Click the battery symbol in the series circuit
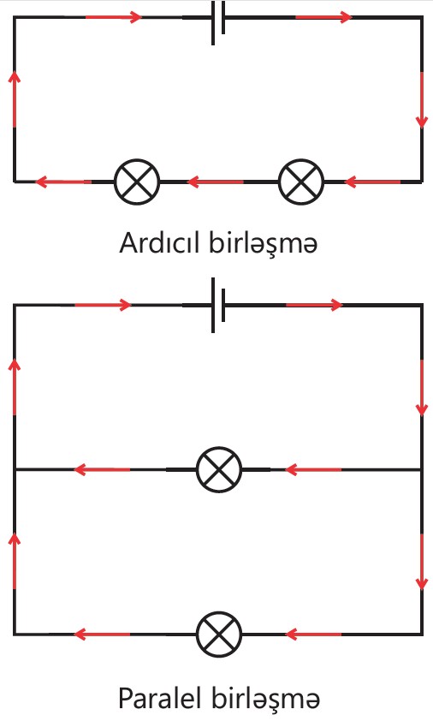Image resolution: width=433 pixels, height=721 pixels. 218,23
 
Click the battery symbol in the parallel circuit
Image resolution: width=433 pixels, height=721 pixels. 218,306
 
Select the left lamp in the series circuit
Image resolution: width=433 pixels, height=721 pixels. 137,182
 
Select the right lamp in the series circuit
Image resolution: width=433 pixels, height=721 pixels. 301,182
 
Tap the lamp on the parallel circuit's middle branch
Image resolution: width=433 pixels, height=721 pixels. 219,469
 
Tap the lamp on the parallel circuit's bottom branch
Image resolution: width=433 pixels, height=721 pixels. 219,635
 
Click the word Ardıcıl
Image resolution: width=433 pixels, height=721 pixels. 161,242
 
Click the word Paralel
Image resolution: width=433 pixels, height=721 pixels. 160,698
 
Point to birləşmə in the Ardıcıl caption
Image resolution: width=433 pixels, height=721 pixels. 264,244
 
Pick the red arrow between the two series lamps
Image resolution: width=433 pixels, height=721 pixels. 215,182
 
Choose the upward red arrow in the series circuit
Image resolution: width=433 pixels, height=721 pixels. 15,98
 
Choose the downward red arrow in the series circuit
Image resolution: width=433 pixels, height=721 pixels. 422,100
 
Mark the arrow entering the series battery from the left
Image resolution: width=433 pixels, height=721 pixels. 114,17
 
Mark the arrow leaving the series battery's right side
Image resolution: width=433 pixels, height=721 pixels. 324,17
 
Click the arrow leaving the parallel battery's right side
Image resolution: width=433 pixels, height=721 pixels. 315,305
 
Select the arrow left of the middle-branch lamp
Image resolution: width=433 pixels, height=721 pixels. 102,469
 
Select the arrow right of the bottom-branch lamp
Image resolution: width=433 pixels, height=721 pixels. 313,635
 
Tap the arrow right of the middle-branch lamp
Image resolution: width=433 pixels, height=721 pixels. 313,469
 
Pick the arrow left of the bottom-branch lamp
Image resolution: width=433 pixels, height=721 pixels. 102,635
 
